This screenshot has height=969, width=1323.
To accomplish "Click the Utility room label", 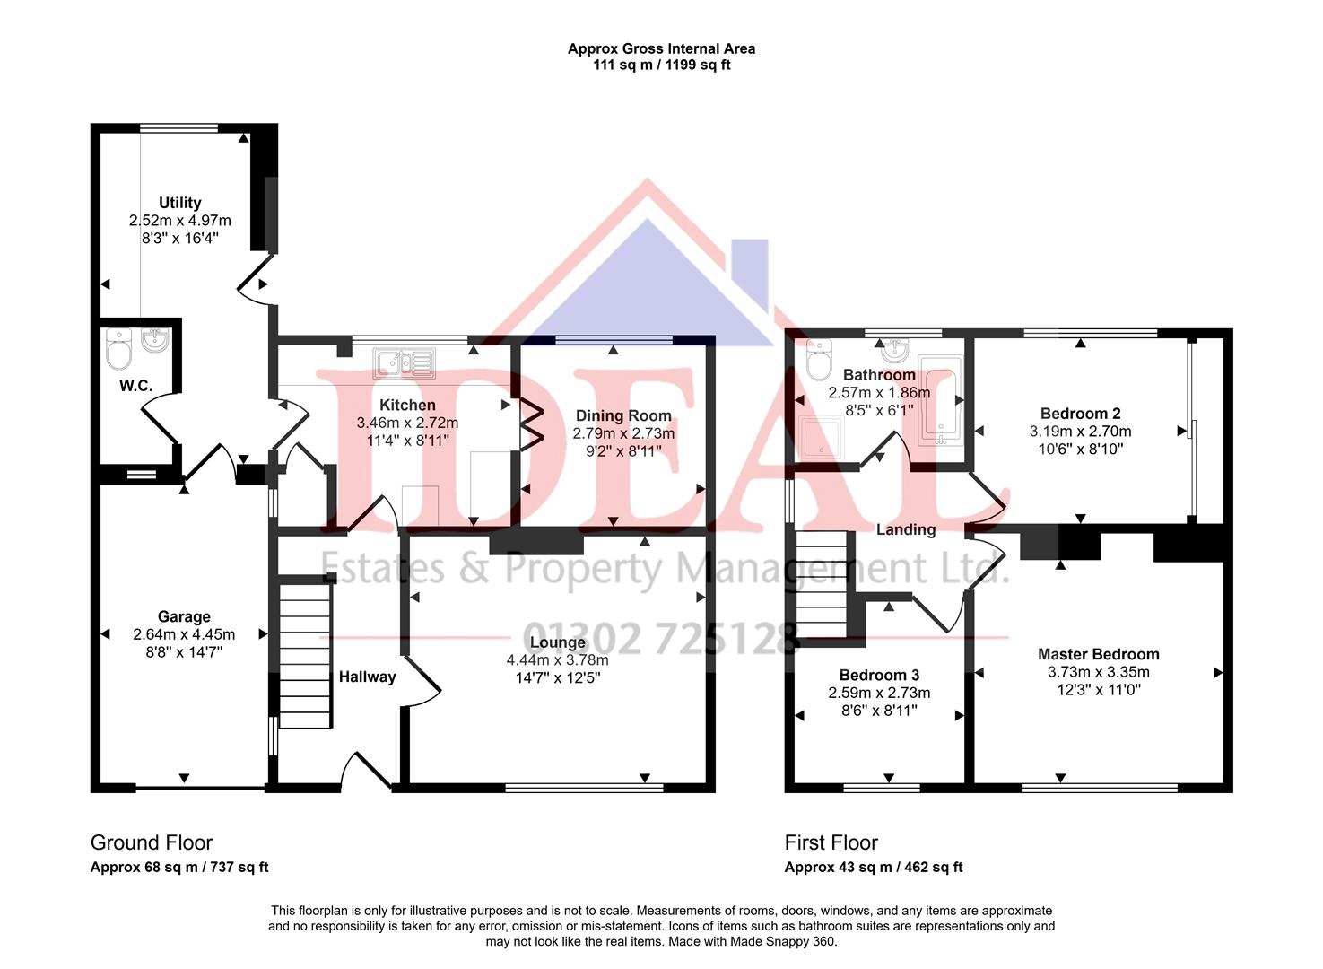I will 179,203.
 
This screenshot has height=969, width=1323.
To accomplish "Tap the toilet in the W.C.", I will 118,350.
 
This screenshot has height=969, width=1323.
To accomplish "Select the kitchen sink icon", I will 405,362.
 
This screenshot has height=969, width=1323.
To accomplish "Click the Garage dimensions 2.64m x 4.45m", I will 184,634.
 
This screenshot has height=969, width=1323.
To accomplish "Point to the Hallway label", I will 367,677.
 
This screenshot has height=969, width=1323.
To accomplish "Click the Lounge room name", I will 557,642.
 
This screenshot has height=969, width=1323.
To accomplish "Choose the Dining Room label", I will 623,415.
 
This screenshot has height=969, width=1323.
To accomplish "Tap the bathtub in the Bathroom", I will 940,407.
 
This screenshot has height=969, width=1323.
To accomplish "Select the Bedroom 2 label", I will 1080,414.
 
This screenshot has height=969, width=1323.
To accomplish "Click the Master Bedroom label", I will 1098,654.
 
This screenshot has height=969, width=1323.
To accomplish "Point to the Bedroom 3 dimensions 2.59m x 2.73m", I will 879,693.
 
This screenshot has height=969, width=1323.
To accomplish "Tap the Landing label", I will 905,529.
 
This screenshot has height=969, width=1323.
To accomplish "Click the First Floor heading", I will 831,842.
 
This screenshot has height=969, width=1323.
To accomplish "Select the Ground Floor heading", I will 152,842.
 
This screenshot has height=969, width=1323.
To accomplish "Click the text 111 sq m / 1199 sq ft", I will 661,65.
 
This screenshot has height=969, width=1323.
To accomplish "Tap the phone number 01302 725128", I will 660,639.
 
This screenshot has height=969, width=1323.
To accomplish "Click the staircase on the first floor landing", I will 821,583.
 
